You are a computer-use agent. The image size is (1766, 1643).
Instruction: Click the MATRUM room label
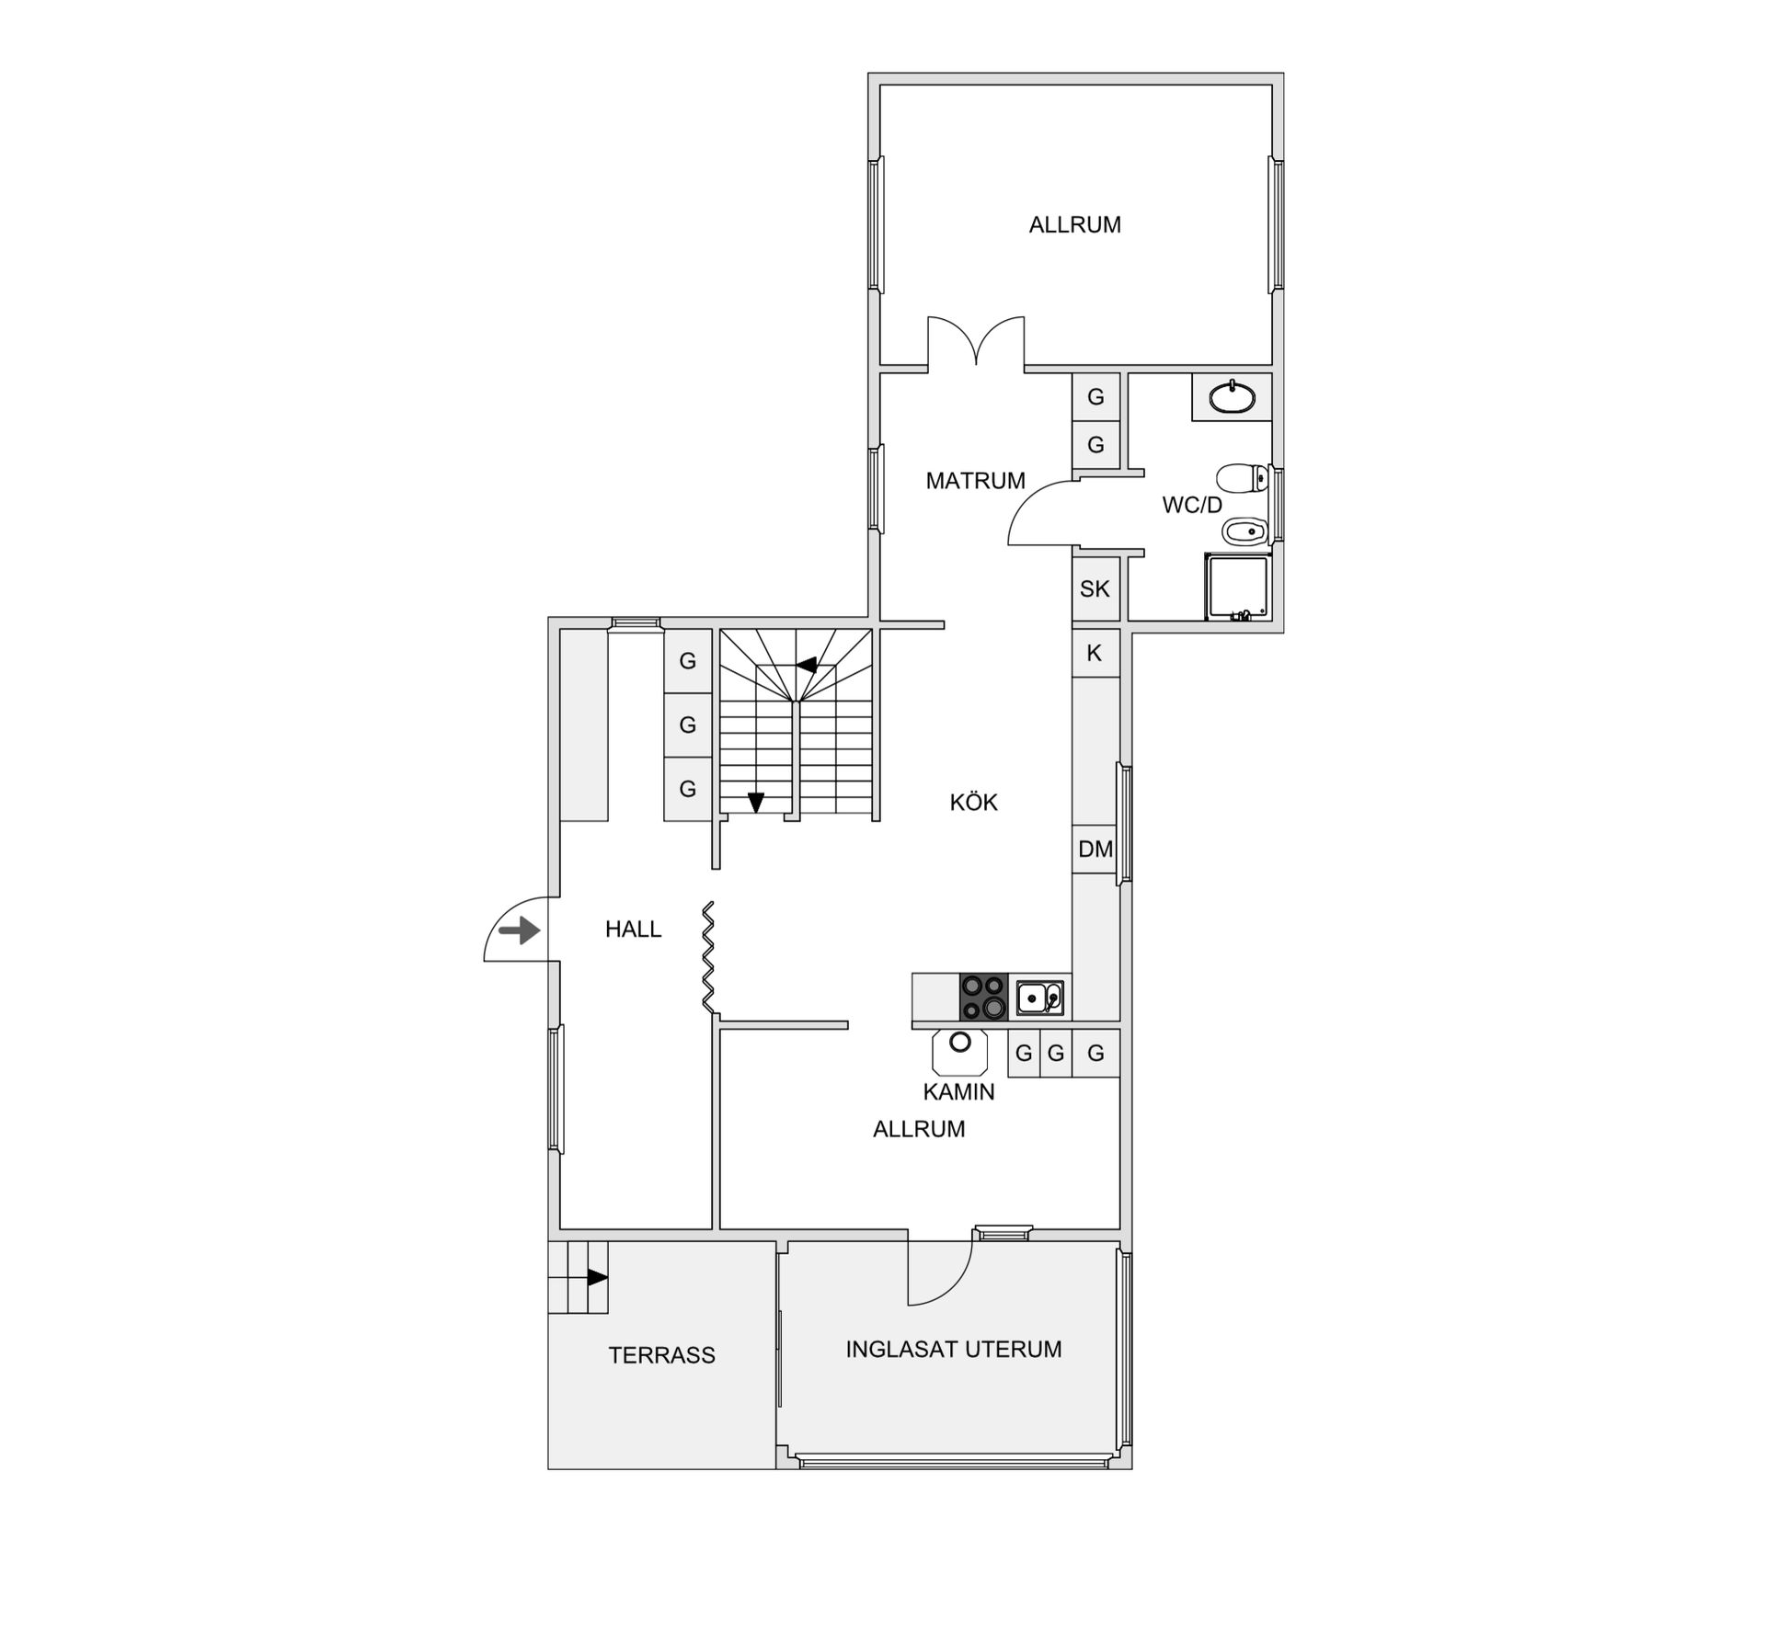click(x=975, y=481)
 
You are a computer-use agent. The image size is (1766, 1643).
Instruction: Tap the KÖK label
click(x=973, y=802)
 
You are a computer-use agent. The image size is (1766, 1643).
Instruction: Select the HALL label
click(x=633, y=930)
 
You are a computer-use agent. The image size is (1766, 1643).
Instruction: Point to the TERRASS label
click(x=661, y=1355)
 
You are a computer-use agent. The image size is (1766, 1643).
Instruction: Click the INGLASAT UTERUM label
click(x=954, y=1349)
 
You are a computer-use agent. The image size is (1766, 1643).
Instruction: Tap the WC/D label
click(x=1192, y=505)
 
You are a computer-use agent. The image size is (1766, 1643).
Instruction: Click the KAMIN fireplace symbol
click(x=960, y=1052)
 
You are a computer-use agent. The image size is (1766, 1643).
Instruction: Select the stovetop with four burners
click(x=983, y=997)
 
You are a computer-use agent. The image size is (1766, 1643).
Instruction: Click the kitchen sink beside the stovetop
click(x=1039, y=998)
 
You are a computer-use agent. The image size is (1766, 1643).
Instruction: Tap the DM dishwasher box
click(x=1095, y=849)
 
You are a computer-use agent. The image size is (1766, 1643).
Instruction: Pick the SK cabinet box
click(x=1095, y=588)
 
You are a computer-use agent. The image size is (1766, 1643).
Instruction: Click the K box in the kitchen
click(x=1095, y=653)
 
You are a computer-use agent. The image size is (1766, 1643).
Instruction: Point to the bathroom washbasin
click(x=1232, y=398)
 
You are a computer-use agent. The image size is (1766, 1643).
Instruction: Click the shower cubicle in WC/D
click(x=1238, y=587)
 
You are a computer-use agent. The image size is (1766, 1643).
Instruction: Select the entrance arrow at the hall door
click(x=520, y=930)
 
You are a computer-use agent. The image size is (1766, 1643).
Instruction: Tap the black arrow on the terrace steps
click(x=598, y=1277)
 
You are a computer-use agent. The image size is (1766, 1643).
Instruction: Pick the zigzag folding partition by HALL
click(x=709, y=958)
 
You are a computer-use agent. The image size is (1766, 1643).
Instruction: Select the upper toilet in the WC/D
click(x=1242, y=478)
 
